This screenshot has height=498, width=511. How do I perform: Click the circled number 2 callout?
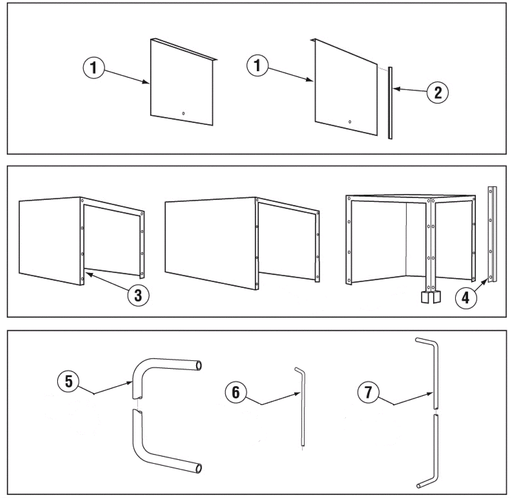[438, 93]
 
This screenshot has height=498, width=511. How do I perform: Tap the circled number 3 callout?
[138, 295]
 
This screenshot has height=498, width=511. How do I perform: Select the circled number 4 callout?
[466, 298]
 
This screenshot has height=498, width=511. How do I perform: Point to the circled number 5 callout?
[69, 381]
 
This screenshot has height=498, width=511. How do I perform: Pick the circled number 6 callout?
[236, 392]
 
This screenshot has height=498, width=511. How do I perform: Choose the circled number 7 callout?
[368, 392]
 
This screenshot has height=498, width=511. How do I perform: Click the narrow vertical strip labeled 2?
[390, 103]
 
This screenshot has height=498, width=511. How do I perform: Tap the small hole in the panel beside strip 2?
[350, 122]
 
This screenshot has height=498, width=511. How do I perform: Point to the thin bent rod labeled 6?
[303, 409]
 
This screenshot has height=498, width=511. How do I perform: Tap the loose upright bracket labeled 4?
[492, 235]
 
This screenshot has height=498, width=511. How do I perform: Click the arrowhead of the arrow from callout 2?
[394, 89]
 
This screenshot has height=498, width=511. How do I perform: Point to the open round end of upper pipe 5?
[199, 365]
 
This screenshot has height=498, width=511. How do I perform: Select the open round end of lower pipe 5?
[199, 468]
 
